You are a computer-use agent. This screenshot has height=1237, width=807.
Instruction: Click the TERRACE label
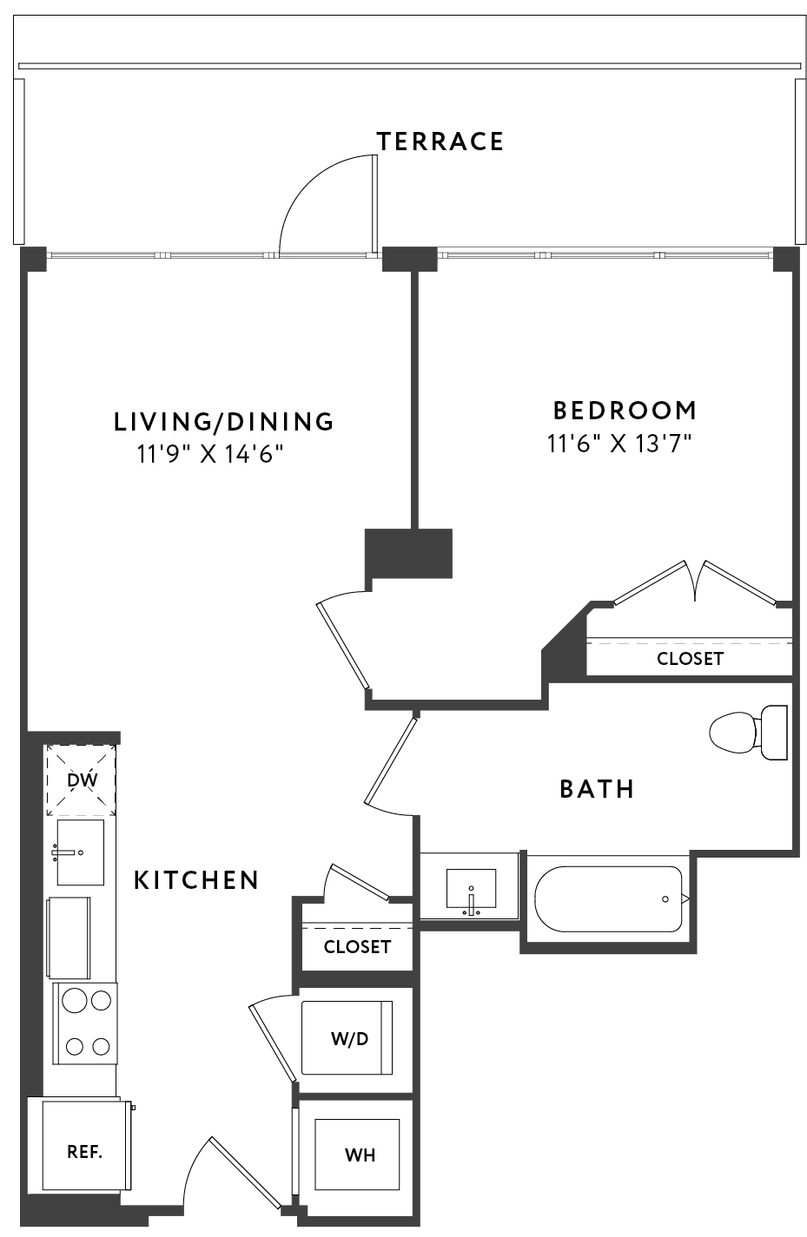pos(440,141)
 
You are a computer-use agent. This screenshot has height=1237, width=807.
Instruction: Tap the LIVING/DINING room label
pos(224,421)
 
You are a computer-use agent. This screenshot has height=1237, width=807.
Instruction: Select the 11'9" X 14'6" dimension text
pos(210,455)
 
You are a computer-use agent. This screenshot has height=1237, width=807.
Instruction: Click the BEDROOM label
pos(625,411)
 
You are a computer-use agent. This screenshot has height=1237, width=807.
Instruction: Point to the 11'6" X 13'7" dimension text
pos(619,443)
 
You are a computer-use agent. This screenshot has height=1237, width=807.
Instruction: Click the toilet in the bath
pos(749,733)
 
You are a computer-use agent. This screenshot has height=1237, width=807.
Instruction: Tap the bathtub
pos(609,899)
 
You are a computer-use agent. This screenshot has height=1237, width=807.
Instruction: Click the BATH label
pos(597,789)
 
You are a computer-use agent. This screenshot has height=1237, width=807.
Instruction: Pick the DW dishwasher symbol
pos(82,780)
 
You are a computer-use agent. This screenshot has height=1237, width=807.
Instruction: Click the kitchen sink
pos(81,852)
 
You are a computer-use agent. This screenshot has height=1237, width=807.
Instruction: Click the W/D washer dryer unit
pos(347,1037)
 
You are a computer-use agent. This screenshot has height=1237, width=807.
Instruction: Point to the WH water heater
pos(357,1155)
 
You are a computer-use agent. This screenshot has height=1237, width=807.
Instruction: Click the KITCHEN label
pos(197,880)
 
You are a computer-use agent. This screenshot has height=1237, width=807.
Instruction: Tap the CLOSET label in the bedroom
pos(690,659)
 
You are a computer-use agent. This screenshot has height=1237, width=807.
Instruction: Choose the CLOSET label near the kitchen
pos(357,947)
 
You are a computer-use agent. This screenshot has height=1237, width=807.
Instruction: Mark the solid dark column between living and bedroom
pos(408,553)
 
